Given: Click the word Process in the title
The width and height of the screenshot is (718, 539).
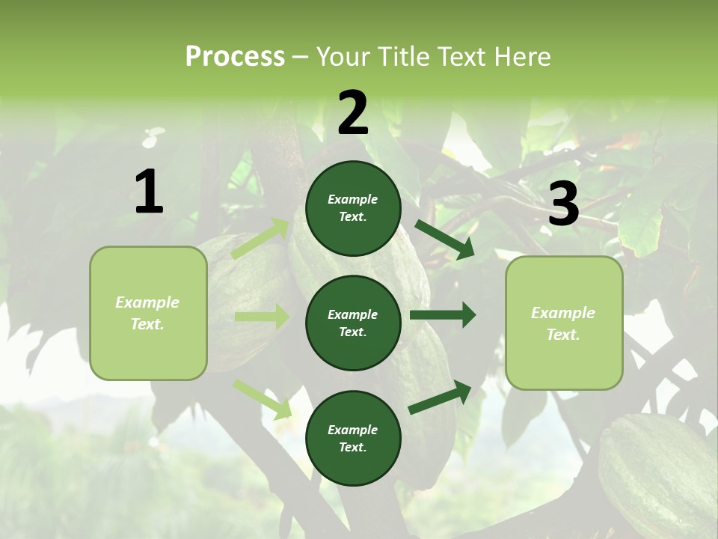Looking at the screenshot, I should tap(235, 57).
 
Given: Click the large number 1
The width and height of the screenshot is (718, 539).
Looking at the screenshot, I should tap(149, 192).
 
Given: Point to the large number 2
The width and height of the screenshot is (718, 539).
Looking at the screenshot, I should tap(353, 113).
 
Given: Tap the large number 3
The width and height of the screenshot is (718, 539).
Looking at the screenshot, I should tap(563, 204).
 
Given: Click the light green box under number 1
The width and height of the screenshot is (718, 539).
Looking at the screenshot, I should tap(148, 313).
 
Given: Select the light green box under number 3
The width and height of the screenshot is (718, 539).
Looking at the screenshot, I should tap(564, 323).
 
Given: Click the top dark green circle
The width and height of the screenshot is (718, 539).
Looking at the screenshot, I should tap(353, 208).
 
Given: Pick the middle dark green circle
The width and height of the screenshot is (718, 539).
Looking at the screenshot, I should tap(353, 323).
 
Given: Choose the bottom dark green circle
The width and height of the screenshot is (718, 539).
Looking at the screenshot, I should tap(353, 438).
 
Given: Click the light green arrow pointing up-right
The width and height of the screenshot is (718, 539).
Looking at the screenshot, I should tap(261, 239).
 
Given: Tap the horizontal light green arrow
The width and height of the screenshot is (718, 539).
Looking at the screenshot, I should tap(262, 317).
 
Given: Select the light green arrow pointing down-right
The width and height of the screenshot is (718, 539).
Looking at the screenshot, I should tap(263, 398).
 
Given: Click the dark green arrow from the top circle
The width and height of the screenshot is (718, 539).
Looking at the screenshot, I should tap(445, 240).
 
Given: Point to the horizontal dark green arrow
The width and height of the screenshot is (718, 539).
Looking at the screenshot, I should tap(443, 315).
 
